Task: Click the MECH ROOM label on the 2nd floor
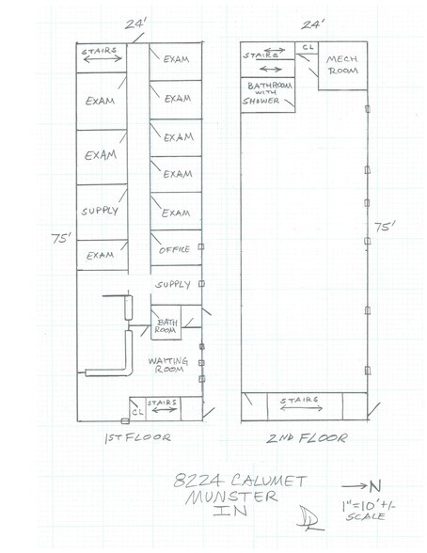coord(342,65)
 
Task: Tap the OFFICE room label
coord(175,250)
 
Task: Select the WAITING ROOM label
coord(168,365)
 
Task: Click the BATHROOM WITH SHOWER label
coord(268,93)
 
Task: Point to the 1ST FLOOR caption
coord(138,437)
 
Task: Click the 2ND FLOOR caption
coord(307,438)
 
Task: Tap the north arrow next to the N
coord(355,486)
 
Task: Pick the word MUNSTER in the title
coord(231,497)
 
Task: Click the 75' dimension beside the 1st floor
coord(61,239)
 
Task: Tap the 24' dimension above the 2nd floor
coord(313,24)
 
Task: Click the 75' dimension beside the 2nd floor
coord(385,227)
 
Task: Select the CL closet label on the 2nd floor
coord(308,47)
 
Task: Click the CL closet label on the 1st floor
coord(138,412)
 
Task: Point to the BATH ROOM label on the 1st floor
coord(166,325)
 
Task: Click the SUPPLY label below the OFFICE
coord(173,284)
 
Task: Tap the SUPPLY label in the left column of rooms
coord(100,211)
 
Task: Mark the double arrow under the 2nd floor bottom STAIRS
coord(301,408)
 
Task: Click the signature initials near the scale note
coord(310,518)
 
